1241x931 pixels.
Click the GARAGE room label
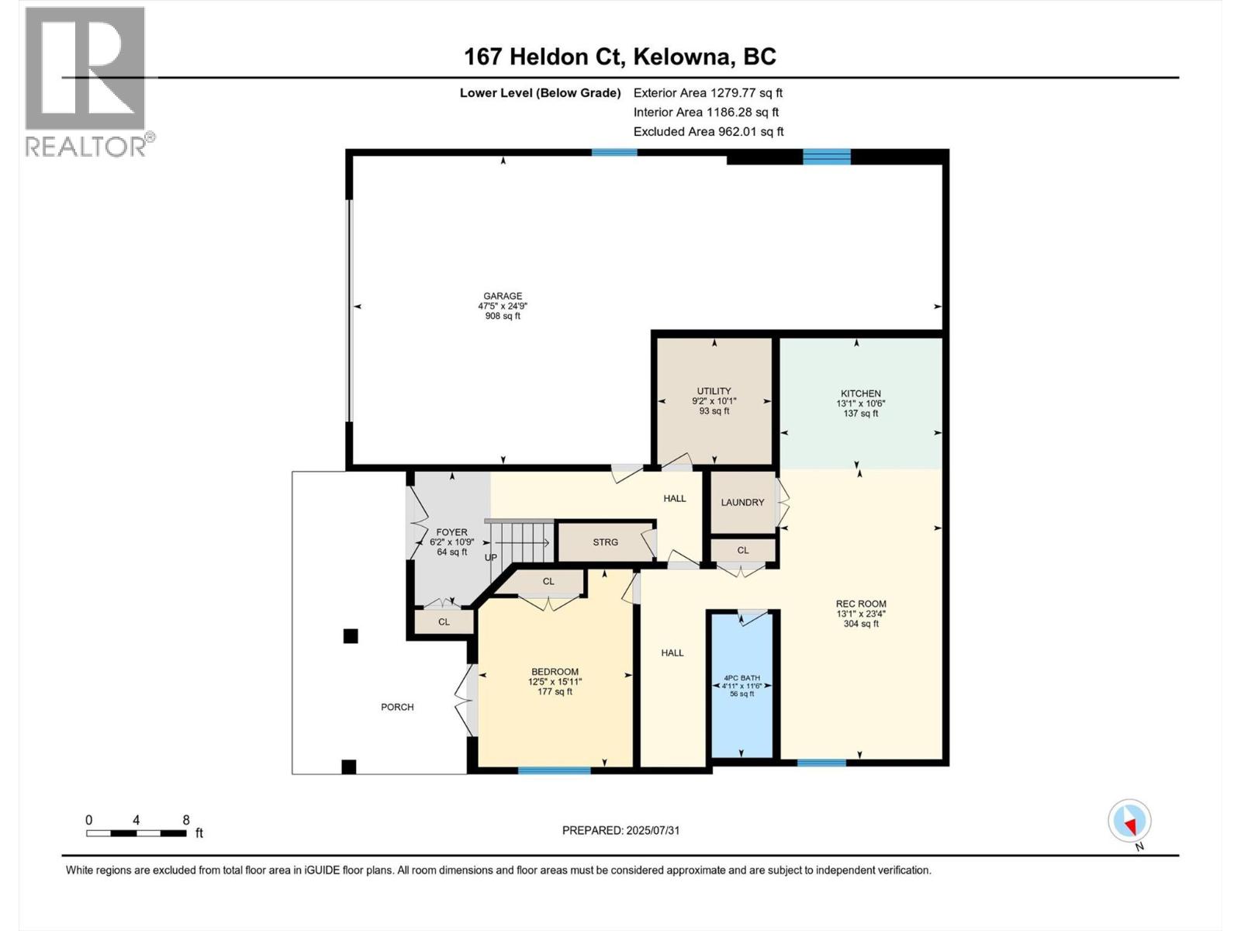503,296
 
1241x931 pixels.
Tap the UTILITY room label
714,392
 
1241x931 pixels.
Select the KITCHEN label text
860,394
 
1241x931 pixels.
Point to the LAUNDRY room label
742,503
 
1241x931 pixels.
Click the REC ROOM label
860,604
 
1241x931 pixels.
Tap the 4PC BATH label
741,678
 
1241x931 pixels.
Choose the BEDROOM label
555,672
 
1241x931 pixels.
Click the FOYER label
451,533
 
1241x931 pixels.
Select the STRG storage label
605,542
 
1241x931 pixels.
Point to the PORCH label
397,708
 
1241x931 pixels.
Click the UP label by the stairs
491,558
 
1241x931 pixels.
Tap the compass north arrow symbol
1129,821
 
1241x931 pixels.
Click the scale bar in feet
137,833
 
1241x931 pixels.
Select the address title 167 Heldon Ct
620,57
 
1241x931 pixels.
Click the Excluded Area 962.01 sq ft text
708,132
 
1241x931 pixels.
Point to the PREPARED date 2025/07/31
620,830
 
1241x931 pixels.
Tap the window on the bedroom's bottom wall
554,770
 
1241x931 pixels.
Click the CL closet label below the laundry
743,551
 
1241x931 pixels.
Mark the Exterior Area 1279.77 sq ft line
707,93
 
